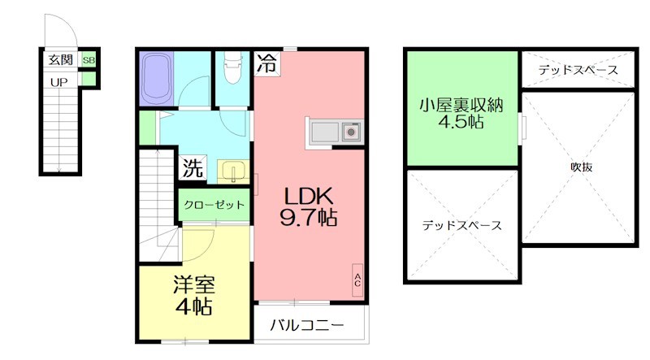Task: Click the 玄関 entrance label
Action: (x=59, y=59)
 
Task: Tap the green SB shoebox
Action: (x=88, y=59)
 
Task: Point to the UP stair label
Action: (x=59, y=81)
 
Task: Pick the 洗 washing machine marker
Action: (x=193, y=171)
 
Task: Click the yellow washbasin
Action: (x=231, y=171)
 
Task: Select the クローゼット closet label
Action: (x=214, y=205)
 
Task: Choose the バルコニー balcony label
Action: (x=306, y=327)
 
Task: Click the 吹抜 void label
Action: (x=579, y=167)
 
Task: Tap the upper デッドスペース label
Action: (x=578, y=70)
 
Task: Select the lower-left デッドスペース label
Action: (x=461, y=225)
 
